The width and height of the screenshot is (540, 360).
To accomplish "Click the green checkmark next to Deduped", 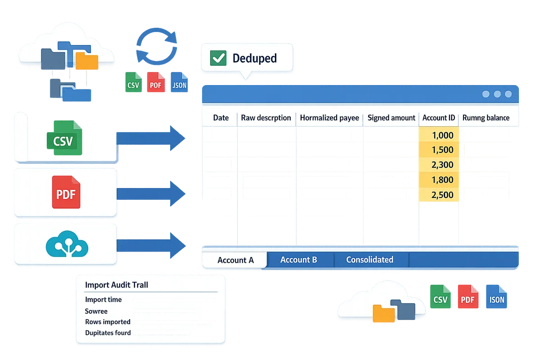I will pyautogui.click(x=219, y=58).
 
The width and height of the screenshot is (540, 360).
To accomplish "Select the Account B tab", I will pyautogui.click(x=298, y=260).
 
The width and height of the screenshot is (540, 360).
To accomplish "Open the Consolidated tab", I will pyautogui.click(x=369, y=260).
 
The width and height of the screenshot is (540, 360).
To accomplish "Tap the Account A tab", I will pyautogui.click(x=235, y=260).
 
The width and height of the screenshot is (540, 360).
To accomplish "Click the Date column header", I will pyautogui.click(x=220, y=118).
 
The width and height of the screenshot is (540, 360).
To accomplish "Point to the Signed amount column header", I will pyautogui.click(x=391, y=118).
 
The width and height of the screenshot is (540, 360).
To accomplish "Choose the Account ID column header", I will pyautogui.click(x=438, y=118).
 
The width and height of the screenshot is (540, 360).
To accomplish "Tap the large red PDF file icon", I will pyautogui.click(x=66, y=193).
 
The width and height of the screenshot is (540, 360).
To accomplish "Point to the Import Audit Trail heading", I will pyautogui.click(x=116, y=285).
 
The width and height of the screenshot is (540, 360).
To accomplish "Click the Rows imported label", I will pyautogui.click(x=108, y=322).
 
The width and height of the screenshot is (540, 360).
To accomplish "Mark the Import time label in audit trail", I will pyautogui.click(x=103, y=300).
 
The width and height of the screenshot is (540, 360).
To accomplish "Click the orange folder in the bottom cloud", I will pyautogui.click(x=383, y=314).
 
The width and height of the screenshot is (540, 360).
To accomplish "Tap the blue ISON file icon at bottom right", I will pyautogui.click(x=495, y=297).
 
